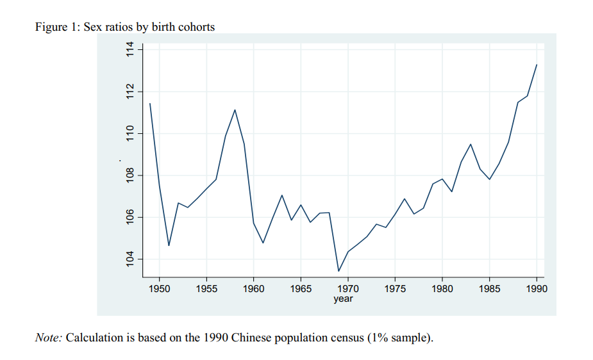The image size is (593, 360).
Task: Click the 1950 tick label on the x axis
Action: pos(159,289)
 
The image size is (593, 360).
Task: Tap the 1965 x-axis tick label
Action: pos(301,289)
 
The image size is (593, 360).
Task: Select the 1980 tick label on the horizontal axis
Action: pos(442,289)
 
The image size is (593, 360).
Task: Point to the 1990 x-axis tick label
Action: pos(537,289)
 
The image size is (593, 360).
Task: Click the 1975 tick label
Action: pos(395,289)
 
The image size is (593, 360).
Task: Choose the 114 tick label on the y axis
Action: pos(131,49)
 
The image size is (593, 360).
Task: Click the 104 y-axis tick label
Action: pos(131,259)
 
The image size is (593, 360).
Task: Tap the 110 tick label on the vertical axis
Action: pos(131,133)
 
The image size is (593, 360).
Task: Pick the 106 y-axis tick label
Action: pos(131,218)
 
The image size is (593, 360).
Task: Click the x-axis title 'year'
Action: pos(343,299)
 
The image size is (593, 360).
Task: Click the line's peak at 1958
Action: pos(235,110)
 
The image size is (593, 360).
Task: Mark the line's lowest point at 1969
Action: pos(338,271)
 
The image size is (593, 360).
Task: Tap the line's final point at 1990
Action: pos(537,65)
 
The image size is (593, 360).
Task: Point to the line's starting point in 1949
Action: pos(150,103)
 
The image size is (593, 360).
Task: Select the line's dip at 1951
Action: pos(169,245)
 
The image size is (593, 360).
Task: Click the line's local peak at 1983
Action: pos(471,144)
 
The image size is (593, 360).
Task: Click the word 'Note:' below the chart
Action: pos(49,337)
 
